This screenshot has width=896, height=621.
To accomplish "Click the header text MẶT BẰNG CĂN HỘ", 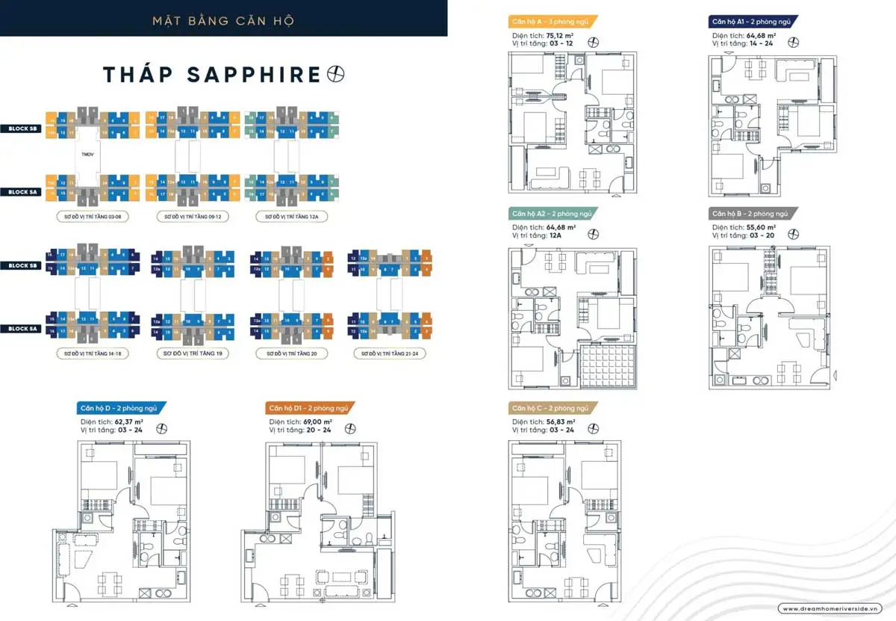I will pyautogui.click(x=223, y=20).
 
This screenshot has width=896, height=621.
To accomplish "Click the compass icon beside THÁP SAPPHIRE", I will pyautogui.click(x=337, y=74).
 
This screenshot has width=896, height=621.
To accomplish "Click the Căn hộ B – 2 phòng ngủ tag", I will pyautogui.click(x=751, y=213).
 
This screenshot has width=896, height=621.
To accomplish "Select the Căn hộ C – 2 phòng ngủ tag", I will pyautogui.click(x=551, y=408).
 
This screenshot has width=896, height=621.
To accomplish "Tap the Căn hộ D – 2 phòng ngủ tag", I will pyautogui.click(x=119, y=408).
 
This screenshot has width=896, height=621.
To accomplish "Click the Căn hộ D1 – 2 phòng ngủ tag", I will pyautogui.click(x=308, y=408).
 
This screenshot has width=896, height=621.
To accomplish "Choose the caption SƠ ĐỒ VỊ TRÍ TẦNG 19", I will pyautogui.click(x=193, y=353).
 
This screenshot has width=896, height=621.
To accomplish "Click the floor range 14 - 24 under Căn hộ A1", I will pyautogui.click(x=763, y=43).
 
